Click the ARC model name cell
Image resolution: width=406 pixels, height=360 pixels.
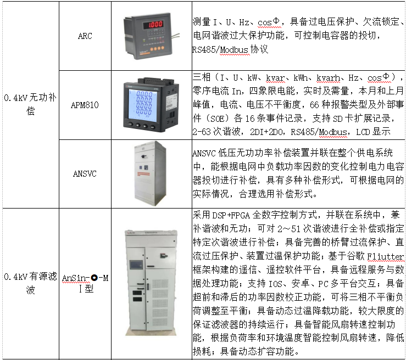(85, 36)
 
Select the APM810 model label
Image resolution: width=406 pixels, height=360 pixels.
(85, 105)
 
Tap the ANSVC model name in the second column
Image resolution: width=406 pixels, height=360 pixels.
(85, 174)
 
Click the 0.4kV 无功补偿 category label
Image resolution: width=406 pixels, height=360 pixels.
(30, 104)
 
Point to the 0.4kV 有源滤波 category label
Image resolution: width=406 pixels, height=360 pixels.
(30, 283)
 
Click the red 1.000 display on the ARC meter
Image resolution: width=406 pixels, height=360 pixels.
(153, 25)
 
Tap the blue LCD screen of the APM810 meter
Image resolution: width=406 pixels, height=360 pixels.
(144, 104)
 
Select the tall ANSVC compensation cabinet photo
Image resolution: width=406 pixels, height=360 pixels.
(150, 173)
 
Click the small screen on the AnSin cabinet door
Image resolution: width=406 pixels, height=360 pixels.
(136, 265)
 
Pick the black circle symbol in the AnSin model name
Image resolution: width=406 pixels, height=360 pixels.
(94, 278)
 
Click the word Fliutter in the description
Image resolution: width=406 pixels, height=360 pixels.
(385, 256)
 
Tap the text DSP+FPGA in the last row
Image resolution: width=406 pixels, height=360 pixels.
(231, 215)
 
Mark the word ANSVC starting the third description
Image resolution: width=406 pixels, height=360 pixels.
(204, 153)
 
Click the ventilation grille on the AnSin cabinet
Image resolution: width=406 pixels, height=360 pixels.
(160, 302)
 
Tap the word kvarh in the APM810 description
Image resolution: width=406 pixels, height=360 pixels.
(328, 77)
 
